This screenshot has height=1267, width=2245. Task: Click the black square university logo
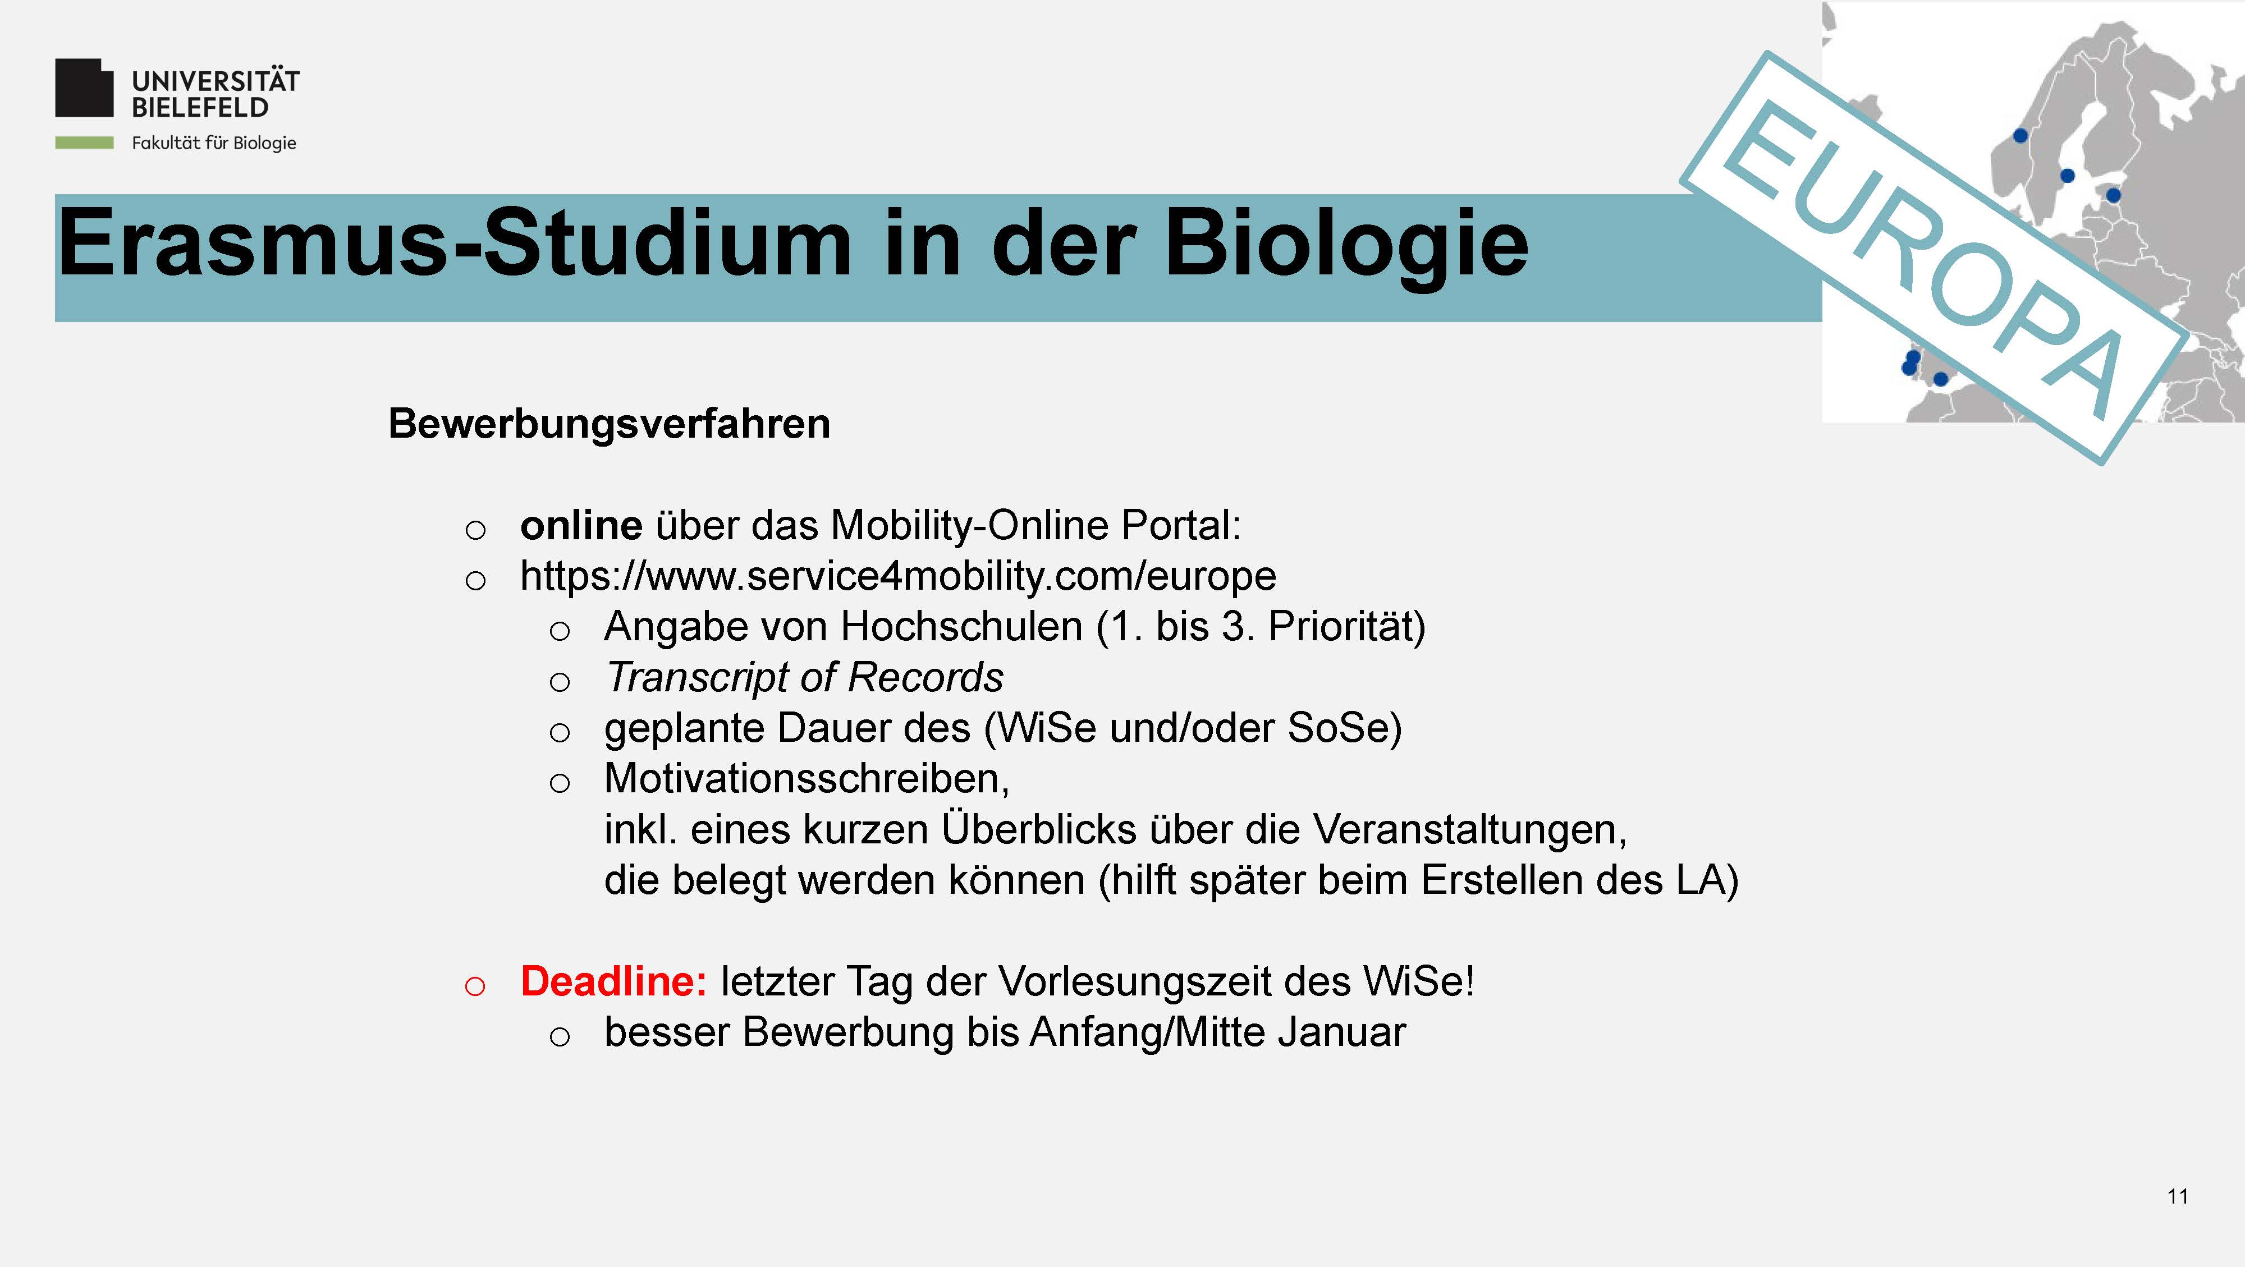85,88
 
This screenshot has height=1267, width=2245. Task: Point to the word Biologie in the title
1346,246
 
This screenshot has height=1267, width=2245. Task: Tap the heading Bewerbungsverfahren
609,424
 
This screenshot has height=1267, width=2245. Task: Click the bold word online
581,525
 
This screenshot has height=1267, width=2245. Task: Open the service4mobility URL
897,577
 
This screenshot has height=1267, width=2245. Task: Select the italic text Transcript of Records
804,677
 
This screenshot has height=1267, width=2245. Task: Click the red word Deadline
613,981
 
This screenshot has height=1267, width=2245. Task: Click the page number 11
2177,1196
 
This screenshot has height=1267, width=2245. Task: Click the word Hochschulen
961,627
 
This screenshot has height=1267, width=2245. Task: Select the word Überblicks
1039,829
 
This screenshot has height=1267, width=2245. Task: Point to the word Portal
1181,525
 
